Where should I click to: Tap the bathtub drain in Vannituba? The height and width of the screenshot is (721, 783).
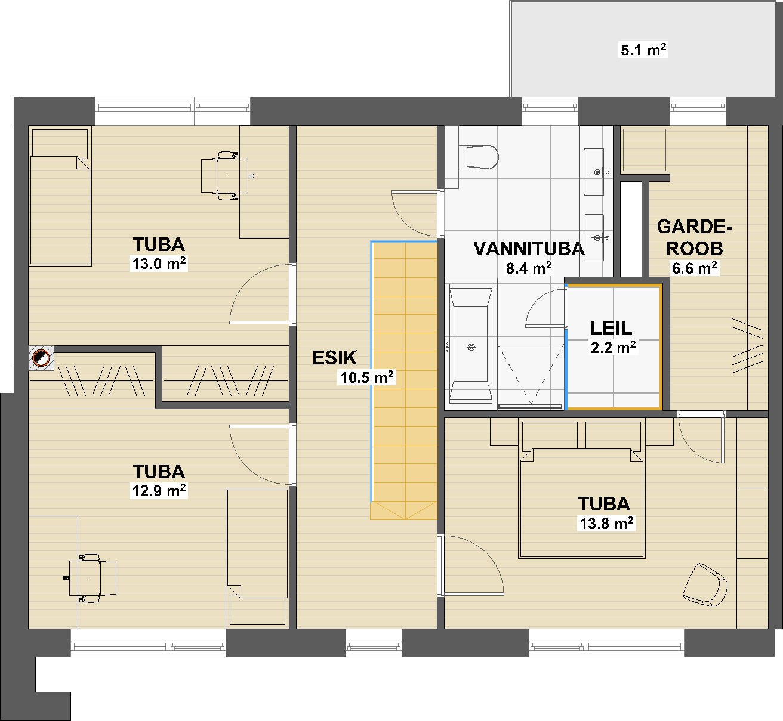pyautogui.click(x=471, y=347)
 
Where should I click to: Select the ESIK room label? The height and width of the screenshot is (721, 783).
pyautogui.click(x=335, y=357)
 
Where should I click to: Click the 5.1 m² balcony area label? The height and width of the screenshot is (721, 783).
pyautogui.click(x=643, y=50)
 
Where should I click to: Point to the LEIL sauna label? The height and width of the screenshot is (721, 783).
pyautogui.click(x=611, y=328)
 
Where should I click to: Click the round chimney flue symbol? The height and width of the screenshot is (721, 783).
pyautogui.click(x=41, y=358)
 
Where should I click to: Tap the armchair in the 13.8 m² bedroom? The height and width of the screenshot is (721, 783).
pyautogui.click(x=705, y=584)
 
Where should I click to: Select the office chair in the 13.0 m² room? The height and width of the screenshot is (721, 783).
pyautogui.click(x=224, y=175)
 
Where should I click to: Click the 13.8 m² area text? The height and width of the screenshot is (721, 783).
pyautogui.click(x=606, y=524)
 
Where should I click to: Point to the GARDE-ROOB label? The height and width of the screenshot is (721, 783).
pyautogui.click(x=695, y=237)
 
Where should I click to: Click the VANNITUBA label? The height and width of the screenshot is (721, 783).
pyautogui.click(x=529, y=249)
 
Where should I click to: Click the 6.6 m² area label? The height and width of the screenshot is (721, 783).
pyautogui.click(x=695, y=268)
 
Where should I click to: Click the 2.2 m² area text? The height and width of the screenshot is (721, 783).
pyautogui.click(x=613, y=347)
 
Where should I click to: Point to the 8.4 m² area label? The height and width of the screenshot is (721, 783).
pyautogui.click(x=529, y=268)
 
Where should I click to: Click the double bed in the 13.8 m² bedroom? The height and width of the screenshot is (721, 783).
pyautogui.click(x=582, y=503)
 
